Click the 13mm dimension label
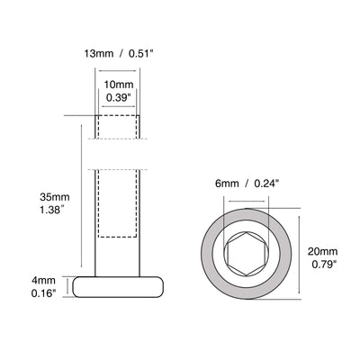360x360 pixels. click(99, 54)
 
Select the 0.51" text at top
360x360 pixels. click(140, 54)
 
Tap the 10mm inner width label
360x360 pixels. click(119, 85)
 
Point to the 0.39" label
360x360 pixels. click(119, 98)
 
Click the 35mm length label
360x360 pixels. click(55, 197)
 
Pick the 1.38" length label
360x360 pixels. click(52, 210)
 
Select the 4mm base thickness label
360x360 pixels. click(44, 281)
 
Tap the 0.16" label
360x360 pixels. click(44, 293)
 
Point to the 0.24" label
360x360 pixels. click(267, 184)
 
